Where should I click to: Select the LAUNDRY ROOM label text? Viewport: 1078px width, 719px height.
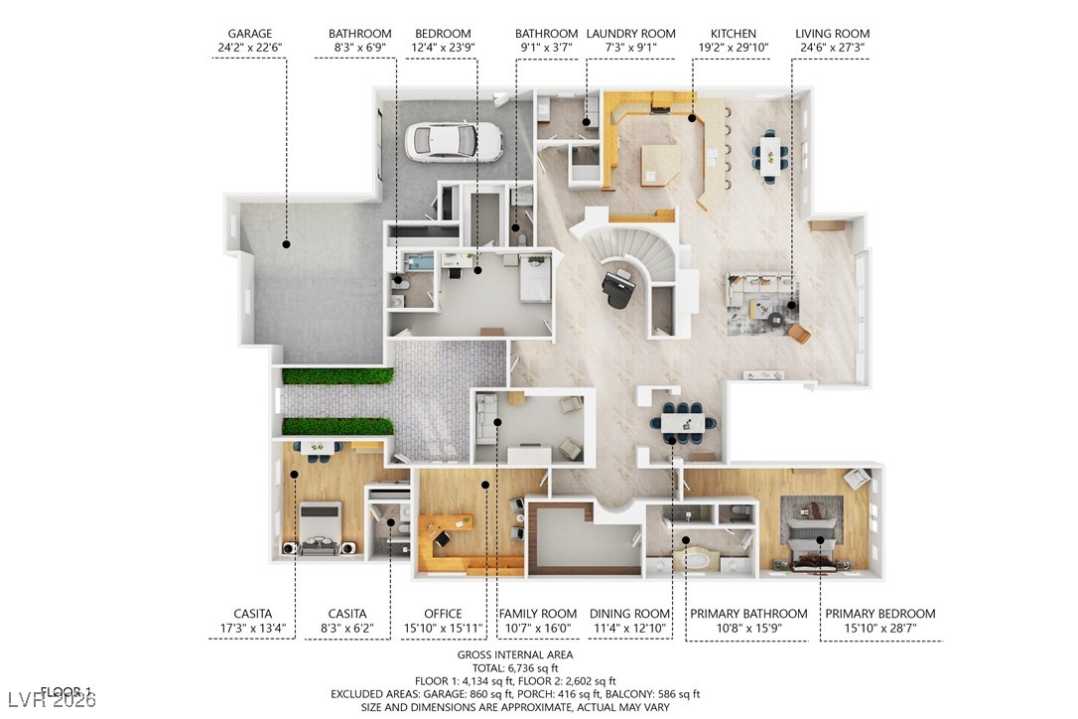pos(630,34)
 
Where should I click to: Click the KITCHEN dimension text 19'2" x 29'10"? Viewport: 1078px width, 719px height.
pos(734,47)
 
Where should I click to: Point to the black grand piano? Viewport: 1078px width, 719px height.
pos(621,289)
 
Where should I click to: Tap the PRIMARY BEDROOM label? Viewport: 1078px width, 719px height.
pos(879,614)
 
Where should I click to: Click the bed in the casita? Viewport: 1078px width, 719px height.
pos(322,530)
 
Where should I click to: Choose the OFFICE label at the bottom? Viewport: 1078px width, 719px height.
pos(443,614)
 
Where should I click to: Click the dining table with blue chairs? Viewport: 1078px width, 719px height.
pos(683,421)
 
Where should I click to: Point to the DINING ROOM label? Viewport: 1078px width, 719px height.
pos(630,614)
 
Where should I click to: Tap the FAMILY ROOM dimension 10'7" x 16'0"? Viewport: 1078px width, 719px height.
pos(537,628)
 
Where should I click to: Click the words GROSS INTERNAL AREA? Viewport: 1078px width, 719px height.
pos(515,655)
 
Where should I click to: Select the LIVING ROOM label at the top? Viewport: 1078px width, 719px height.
pos(832,34)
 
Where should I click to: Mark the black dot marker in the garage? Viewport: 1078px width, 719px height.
pos(286,242)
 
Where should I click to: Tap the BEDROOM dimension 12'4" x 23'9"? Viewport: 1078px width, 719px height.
pos(443,47)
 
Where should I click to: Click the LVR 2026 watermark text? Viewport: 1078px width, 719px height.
pos(50,701)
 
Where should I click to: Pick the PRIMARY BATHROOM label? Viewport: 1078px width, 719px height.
pos(748,614)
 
